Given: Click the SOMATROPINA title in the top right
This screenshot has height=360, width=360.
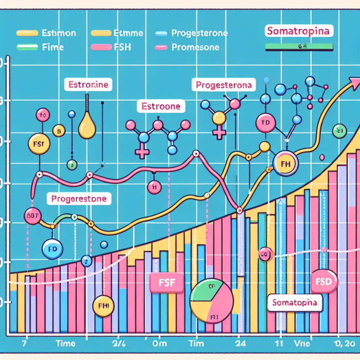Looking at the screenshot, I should [298, 31].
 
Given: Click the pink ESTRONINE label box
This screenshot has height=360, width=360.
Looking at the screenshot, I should [88, 85].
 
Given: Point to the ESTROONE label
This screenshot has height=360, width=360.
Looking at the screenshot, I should [161, 106].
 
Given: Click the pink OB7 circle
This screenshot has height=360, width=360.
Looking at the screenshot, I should [31, 215].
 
